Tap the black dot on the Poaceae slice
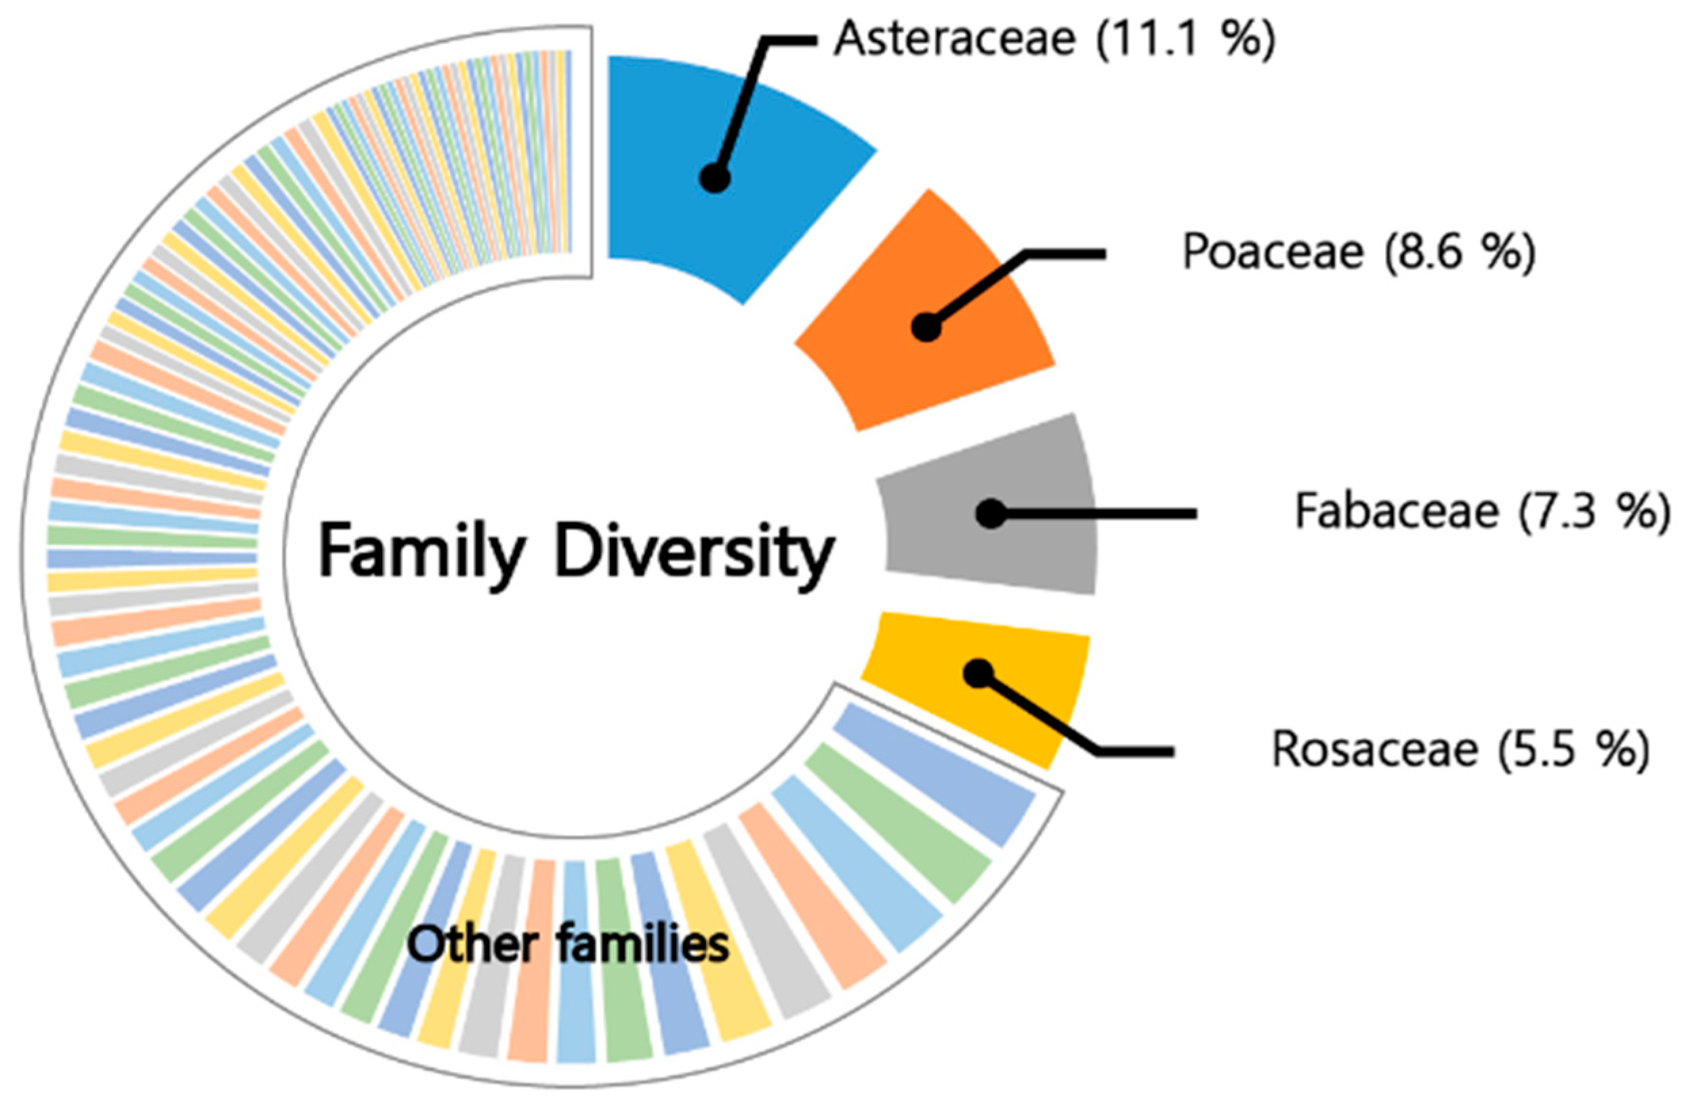pyautogui.click(x=926, y=327)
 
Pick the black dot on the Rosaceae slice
pyautogui.click(x=979, y=673)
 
